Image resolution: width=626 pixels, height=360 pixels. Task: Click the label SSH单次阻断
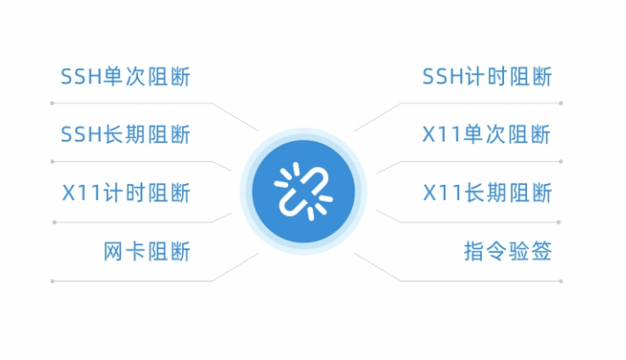pos(126,77)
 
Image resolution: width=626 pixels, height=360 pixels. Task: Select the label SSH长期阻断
pos(126,134)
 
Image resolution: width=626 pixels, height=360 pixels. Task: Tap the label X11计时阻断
pos(126,193)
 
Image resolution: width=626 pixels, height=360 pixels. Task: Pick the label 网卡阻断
pos(147,251)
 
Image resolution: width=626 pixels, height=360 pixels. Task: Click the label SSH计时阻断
pos(487,77)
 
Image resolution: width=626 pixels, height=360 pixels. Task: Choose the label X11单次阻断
pos(486,134)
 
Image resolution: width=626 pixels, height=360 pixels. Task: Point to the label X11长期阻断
pos(487,193)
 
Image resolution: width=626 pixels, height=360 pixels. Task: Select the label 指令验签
pos(508,251)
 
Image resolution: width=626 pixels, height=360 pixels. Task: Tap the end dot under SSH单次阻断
pos(52,103)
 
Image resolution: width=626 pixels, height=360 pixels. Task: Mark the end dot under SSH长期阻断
pos(52,162)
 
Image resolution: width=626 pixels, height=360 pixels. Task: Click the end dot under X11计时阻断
pos(54,222)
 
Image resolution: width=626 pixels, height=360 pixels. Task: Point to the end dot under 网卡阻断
pos(52,281)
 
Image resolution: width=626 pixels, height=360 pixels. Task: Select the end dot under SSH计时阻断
pos(561,103)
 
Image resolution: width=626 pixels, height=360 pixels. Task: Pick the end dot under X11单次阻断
pos(561,162)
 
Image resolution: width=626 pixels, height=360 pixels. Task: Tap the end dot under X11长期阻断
pos(559,222)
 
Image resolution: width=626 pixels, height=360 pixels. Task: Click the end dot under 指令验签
pos(561,281)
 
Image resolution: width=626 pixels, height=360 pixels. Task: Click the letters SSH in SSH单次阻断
pos(81,77)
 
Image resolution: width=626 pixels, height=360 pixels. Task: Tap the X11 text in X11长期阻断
pos(443,193)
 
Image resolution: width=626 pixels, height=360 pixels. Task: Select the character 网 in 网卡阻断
pos(113,251)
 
